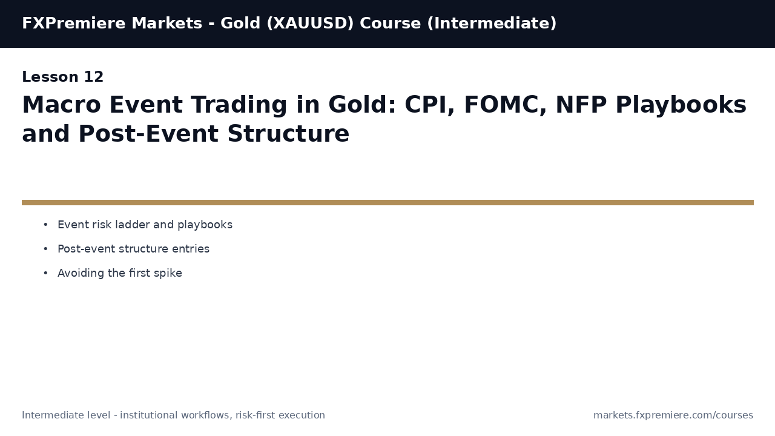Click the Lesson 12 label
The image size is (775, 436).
coord(63,78)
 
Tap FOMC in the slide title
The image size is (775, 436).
coord(505,105)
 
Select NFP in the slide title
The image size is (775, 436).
coord(581,105)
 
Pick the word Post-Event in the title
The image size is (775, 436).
coord(150,134)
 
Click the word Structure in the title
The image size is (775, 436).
coord(288,134)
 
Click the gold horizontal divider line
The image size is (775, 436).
coord(387,203)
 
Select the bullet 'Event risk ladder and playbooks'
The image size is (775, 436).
coord(145,225)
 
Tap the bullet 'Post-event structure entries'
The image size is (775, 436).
coord(133,249)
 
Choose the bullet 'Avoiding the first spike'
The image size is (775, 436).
coord(120,274)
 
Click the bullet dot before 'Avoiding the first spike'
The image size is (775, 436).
coord(45,274)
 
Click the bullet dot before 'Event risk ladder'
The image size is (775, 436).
coord(45,225)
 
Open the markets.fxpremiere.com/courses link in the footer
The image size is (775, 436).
coord(673,415)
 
